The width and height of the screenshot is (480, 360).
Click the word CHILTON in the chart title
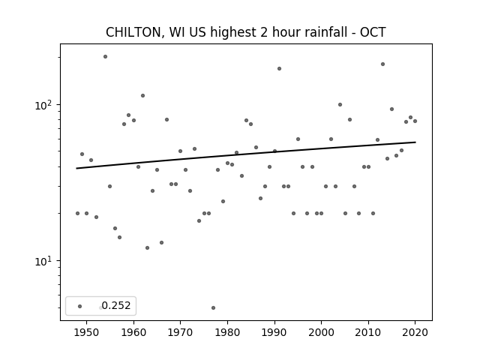click(133, 32)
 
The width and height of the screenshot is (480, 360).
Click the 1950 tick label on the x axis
click(87, 332)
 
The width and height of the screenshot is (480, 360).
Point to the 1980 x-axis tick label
click(227, 332)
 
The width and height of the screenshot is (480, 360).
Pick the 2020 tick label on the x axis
click(415, 332)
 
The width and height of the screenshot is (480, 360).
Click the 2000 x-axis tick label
click(321, 332)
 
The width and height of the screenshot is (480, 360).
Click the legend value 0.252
click(116, 305)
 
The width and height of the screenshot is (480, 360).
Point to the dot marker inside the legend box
click(80, 306)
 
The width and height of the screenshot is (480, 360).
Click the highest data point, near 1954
click(105, 57)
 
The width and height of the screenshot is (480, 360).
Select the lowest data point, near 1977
click(213, 307)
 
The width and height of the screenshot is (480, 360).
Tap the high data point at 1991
click(279, 68)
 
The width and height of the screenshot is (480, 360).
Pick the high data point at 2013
click(382, 64)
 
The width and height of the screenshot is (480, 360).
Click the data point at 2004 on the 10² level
click(340, 105)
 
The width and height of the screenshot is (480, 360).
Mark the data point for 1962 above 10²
click(142, 95)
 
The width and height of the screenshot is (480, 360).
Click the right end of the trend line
click(415, 142)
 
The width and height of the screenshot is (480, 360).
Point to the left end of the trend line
click(76, 168)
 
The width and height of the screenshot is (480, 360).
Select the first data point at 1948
click(77, 213)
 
